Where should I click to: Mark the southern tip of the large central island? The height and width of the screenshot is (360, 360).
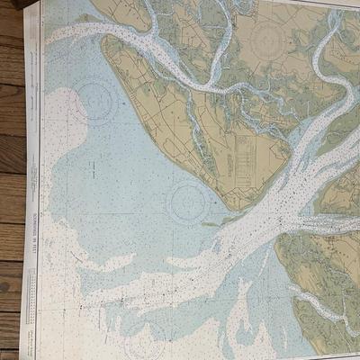click(x=236, y=207)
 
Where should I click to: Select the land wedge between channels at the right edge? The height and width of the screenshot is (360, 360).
click(x=346, y=193)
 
